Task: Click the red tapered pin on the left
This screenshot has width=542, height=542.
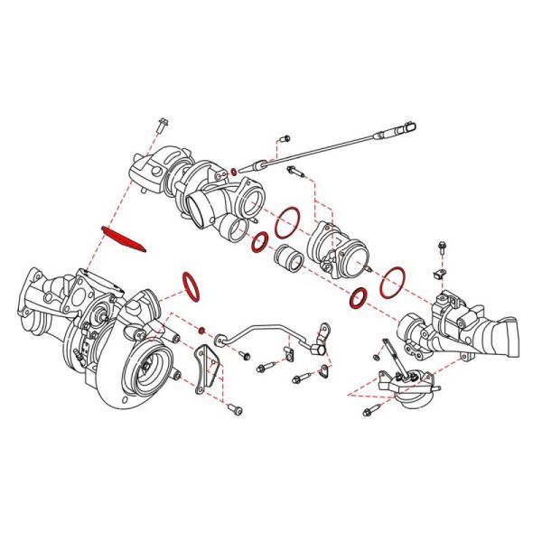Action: [x=125, y=239]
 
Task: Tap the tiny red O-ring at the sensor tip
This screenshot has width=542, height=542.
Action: [x=234, y=171]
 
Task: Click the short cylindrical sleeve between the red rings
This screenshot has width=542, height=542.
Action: [x=289, y=258]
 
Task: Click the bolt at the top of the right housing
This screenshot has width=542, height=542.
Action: [x=442, y=247]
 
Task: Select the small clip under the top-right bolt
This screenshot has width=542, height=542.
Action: [x=441, y=272]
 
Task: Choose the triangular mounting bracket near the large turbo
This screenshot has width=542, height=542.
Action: [x=210, y=364]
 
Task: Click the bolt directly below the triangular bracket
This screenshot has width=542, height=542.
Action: [x=236, y=409]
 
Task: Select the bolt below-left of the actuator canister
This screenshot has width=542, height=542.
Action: [x=368, y=413]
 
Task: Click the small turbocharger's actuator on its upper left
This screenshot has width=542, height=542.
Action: [x=145, y=172]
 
